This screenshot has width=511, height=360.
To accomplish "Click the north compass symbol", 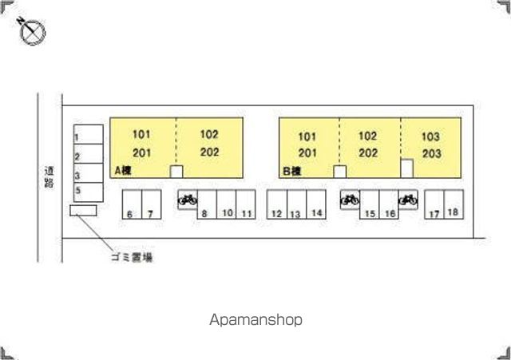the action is pos(32,31).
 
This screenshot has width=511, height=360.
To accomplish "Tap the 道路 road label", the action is pos(49,177).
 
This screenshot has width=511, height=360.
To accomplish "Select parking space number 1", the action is pos(89,134).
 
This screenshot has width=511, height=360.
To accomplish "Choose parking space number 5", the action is pos(89,192).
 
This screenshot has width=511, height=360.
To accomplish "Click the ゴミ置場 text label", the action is pos(132,257).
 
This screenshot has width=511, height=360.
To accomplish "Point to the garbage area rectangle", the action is pos(83,210).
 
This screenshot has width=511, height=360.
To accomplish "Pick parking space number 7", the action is pos(152,204).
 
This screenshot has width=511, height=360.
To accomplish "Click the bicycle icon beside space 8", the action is pos(188,199).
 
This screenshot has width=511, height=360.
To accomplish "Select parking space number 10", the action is pos(227,204).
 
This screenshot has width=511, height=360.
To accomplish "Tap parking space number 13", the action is pos(296,204).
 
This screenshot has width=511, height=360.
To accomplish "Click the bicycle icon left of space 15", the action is pos(350,199).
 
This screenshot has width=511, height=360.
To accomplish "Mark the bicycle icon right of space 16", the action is pos(408,199).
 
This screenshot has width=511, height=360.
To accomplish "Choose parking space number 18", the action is pos(454,204).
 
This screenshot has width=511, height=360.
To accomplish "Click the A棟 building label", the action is pos(123,170).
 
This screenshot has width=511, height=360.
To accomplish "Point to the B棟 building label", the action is pos(292,171).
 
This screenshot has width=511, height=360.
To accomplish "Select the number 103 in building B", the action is pos(430,136).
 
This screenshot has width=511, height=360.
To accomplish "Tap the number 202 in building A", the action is pos(209,152).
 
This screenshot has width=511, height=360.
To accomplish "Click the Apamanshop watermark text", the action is pos(255,320).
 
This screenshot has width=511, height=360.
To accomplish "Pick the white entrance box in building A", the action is pos(176,172).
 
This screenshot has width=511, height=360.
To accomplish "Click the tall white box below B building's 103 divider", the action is pos(406,168).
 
